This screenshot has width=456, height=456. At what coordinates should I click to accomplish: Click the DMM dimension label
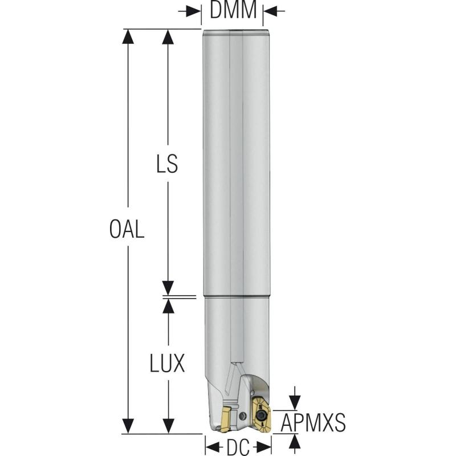[x=233, y=10]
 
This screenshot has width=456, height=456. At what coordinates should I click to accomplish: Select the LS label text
[x=167, y=164]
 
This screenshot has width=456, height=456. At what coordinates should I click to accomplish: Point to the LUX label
[x=168, y=364]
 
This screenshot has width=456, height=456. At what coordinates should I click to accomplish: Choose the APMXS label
[x=313, y=423]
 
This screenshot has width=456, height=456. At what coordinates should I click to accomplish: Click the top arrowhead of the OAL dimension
[x=129, y=36]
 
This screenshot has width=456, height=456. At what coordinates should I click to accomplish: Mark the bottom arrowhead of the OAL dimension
[x=129, y=426]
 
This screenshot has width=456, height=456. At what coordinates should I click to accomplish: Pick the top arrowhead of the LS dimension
[x=168, y=36]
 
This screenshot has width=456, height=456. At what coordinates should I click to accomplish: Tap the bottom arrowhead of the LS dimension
[x=168, y=288]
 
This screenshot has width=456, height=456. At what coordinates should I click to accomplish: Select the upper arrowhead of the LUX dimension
[x=168, y=305]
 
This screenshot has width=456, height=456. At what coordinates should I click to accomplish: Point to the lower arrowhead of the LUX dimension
[x=168, y=426]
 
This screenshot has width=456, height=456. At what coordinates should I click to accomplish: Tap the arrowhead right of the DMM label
[x=268, y=11]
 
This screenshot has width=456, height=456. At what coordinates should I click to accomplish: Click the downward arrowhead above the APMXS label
[x=294, y=402]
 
